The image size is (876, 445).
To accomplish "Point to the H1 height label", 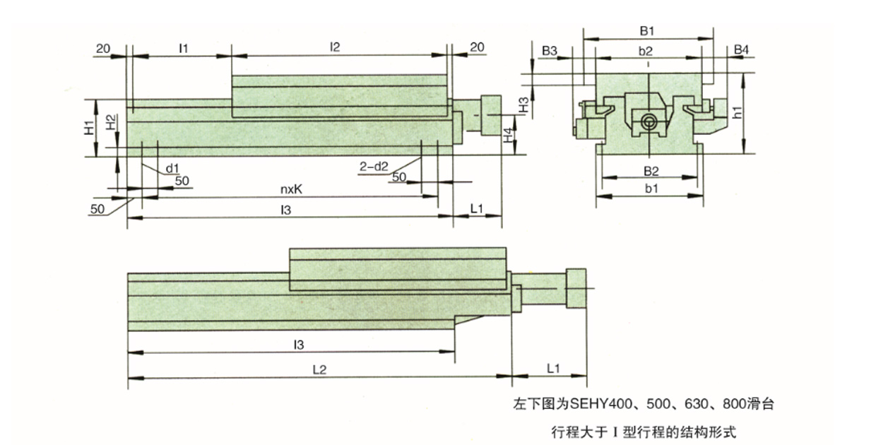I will coord(88,128).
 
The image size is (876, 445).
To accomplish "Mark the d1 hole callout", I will coord(172,168).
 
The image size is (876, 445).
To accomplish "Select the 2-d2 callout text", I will coord(374,167).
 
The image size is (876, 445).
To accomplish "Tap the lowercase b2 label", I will coord(645,51).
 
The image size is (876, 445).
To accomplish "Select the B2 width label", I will coord(650,171).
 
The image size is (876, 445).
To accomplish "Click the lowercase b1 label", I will coord(650,189).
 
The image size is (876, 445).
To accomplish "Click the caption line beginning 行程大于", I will coord(644,430).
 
